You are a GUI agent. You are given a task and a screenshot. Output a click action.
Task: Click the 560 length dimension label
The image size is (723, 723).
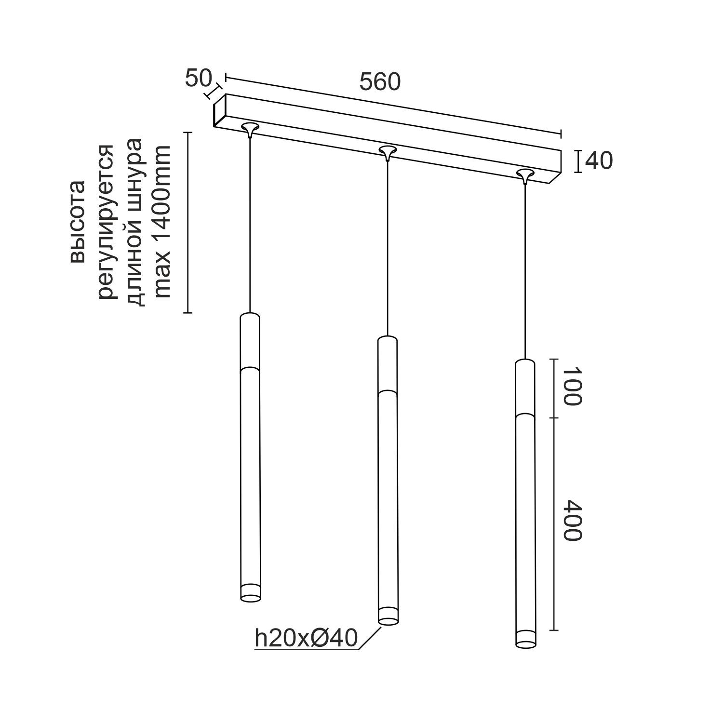pyautogui.click(x=380, y=82)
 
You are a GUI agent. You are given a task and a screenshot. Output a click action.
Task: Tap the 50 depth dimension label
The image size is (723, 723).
pyautogui.click(x=198, y=79)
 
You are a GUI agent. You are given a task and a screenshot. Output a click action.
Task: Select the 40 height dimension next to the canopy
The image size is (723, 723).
pyautogui.click(x=598, y=161)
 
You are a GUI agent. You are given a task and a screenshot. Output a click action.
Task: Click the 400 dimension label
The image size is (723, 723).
pyautogui.click(x=573, y=520)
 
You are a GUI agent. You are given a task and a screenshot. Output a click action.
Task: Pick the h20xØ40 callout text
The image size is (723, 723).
pyautogui.click(x=306, y=639)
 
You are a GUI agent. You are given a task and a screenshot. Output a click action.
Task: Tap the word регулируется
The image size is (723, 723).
pyautogui.click(x=106, y=221)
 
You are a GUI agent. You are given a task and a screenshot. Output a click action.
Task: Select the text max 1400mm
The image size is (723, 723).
pyautogui.click(x=162, y=221)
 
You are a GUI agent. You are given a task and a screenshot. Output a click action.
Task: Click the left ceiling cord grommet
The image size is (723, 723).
pyautogui.click(x=250, y=128)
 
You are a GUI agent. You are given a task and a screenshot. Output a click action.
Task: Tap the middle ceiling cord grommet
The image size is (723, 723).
pyautogui.click(x=387, y=151)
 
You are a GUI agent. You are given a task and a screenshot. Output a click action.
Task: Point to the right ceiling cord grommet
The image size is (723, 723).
pyautogui.click(x=525, y=174)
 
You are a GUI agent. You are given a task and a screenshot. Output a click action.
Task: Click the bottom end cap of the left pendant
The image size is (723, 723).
pyautogui.click(x=251, y=593)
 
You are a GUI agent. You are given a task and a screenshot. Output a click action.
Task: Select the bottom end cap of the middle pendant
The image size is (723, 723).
pyautogui.click(x=388, y=617)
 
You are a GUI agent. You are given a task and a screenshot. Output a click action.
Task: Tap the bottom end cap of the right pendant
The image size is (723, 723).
pyautogui.click(x=525, y=640)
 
